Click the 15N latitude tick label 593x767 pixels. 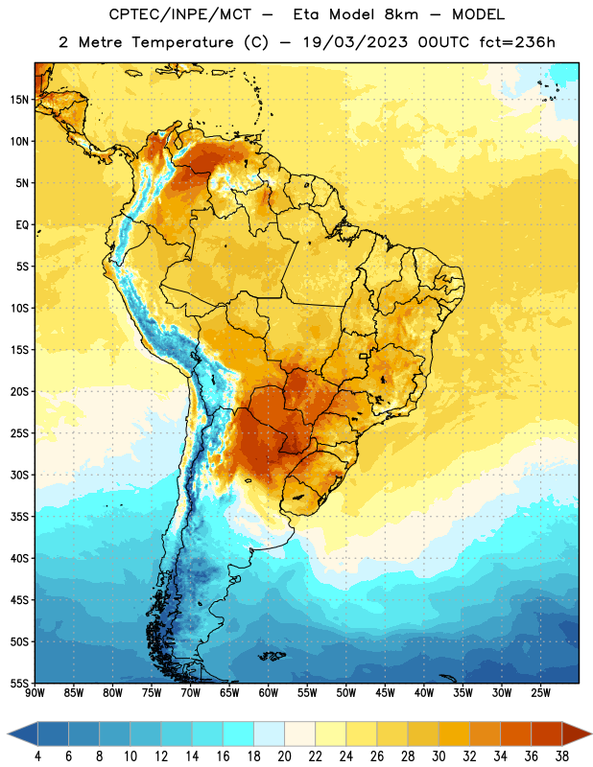[19, 100]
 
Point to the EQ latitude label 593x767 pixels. [22, 225]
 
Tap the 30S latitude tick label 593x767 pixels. [19, 475]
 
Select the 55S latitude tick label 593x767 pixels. [19, 684]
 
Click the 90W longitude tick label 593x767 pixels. [35, 693]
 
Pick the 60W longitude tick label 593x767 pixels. [269, 693]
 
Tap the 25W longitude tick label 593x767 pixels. [541, 693]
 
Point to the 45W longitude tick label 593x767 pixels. [386, 693]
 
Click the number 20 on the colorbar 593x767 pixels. [284, 756]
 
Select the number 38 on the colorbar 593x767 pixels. [562, 756]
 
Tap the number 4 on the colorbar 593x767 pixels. [37, 756]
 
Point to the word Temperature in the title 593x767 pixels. [182, 42]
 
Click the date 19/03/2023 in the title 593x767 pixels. [355, 42]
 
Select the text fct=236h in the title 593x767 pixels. [517, 42]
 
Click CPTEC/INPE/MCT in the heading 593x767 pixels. [179, 14]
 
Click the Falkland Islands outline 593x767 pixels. [272, 656]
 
